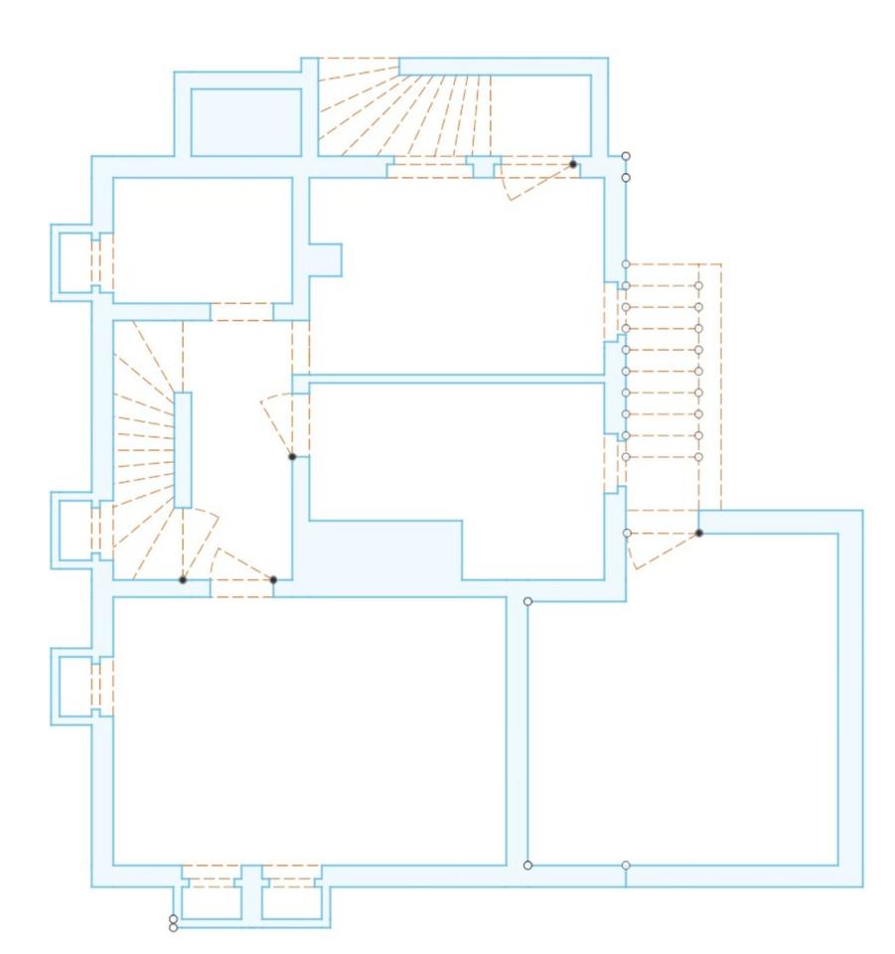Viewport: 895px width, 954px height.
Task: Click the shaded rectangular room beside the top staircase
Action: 245,121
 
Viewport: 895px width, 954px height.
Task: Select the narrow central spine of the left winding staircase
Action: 183,450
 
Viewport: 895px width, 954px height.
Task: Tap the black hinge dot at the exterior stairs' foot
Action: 699,534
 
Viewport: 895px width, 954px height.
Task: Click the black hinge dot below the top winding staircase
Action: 573,164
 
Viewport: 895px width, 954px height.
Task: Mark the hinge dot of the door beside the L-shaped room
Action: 292,457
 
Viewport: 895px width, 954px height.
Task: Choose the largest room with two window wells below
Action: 308,730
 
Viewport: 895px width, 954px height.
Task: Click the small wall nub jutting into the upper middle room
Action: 327,259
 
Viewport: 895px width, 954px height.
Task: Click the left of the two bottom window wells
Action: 211,898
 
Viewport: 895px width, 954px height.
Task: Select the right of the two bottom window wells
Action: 290,898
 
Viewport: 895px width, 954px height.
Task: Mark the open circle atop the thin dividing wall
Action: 527,602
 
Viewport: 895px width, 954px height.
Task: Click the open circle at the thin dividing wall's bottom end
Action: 527,865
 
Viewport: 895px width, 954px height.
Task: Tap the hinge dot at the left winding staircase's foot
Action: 183,579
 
